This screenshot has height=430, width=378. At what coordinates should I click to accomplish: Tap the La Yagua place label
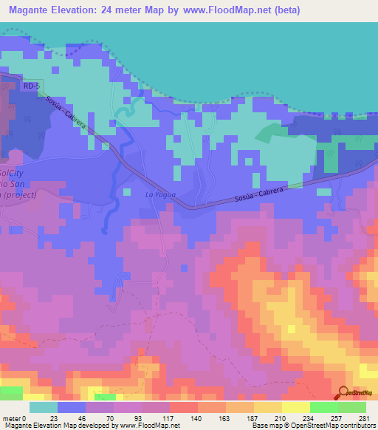coord(158,194)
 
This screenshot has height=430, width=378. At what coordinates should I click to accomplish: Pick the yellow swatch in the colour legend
coord(295,407)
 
